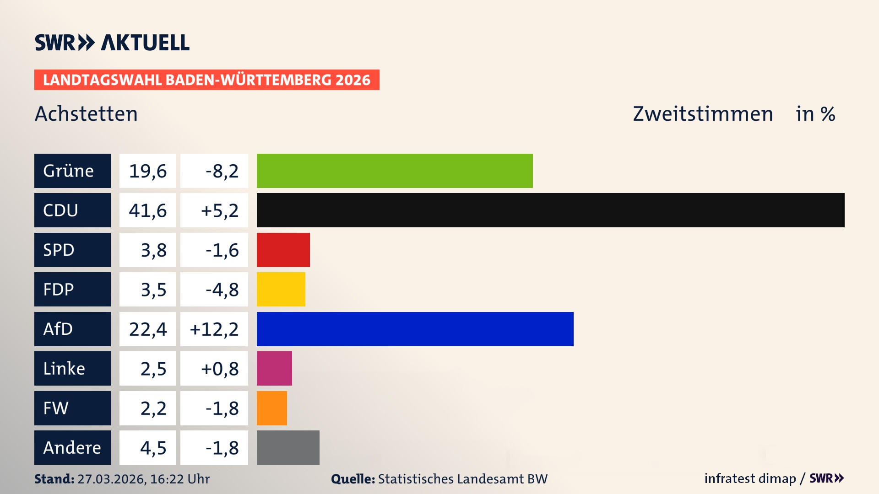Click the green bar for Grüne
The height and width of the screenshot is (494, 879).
(x=395, y=171)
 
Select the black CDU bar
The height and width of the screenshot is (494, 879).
(x=550, y=210)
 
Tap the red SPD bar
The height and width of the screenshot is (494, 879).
(x=283, y=250)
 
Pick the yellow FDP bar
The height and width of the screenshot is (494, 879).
(x=281, y=289)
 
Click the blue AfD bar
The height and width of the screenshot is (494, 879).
(x=415, y=329)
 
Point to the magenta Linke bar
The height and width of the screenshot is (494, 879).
(x=274, y=368)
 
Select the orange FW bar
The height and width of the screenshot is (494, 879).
(x=271, y=408)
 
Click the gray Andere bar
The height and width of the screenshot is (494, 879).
(x=288, y=447)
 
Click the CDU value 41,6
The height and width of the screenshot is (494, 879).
(x=147, y=210)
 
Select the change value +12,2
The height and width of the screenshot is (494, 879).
(x=214, y=329)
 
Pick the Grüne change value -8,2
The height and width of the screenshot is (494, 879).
(x=222, y=171)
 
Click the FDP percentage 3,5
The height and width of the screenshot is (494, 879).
(x=153, y=289)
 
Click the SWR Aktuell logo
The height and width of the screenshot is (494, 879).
(x=112, y=43)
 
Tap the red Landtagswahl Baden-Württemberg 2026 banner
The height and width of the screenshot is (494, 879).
(x=206, y=80)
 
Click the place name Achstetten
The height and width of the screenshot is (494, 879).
(x=86, y=113)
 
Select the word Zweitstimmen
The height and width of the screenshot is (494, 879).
(x=703, y=113)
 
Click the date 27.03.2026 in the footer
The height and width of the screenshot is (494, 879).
(x=111, y=479)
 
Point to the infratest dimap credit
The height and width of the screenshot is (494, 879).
(x=750, y=478)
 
